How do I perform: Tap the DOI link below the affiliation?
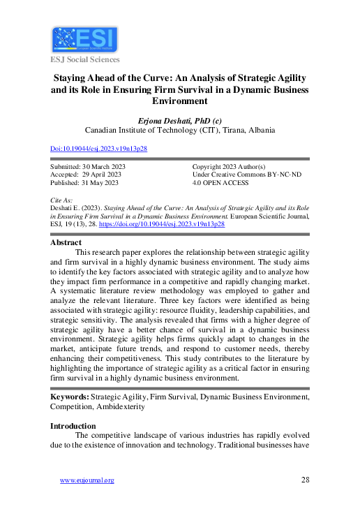pos(99,149)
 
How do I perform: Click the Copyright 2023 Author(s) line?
pos(229,168)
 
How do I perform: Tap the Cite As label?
pos(61,200)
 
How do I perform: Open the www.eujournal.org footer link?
pos(87,480)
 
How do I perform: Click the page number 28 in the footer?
pos(305,480)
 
